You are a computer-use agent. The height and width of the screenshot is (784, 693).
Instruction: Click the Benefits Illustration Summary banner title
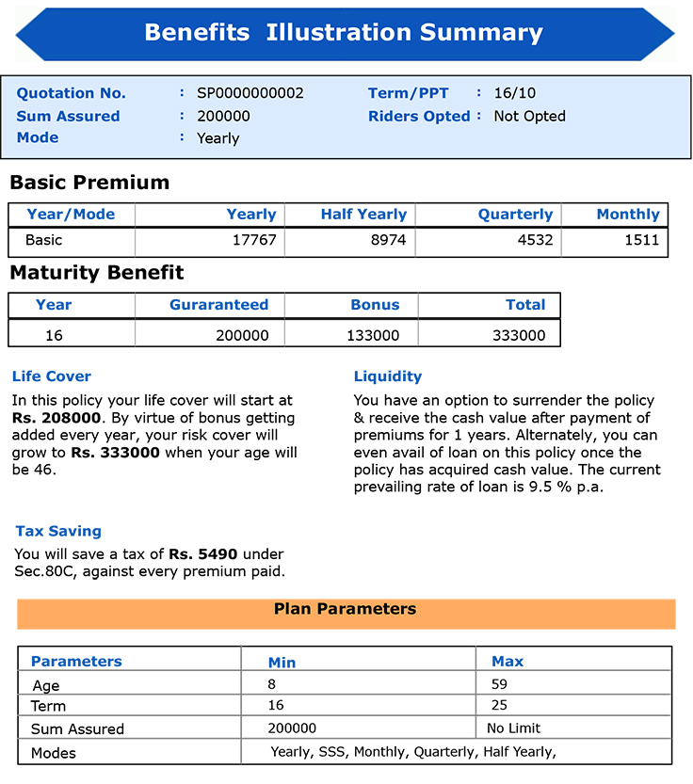tap(344, 33)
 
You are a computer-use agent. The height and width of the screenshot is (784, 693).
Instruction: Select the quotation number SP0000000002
tap(250, 93)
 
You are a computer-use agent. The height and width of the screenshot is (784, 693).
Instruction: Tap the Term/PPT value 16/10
tap(514, 93)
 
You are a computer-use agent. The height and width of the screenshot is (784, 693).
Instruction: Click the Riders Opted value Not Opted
tap(529, 117)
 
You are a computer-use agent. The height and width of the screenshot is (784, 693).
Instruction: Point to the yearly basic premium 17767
tap(254, 240)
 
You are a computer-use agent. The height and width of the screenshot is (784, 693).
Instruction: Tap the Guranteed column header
tap(218, 305)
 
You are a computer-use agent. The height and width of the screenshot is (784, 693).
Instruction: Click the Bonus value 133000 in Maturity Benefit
tap(374, 335)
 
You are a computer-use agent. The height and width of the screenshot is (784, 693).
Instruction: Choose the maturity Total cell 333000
tap(519, 335)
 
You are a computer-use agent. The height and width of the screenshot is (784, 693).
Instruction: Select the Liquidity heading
tap(388, 376)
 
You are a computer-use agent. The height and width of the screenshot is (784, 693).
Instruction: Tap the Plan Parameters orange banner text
tap(345, 609)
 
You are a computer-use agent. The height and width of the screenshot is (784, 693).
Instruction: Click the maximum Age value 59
tap(499, 684)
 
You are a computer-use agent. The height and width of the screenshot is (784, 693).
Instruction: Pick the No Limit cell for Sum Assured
tap(513, 728)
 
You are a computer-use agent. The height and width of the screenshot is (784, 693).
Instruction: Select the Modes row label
tap(53, 753)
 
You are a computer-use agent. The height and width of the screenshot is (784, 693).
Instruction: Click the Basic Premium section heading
tap(89, 183)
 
